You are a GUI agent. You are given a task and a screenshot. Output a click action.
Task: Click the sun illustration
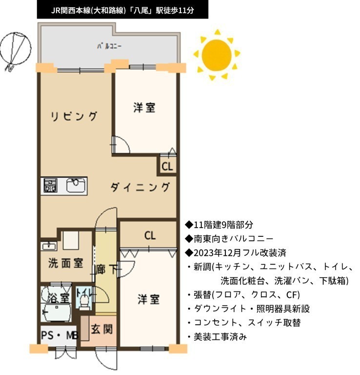tap(217, 55)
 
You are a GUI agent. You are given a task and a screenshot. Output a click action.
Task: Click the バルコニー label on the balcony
tap(109, 46)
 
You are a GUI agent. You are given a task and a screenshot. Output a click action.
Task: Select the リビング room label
tap(74, 116)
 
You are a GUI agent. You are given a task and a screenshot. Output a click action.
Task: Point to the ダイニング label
tap(140, 187)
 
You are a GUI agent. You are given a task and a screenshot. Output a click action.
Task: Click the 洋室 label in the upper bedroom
tap(144, 107)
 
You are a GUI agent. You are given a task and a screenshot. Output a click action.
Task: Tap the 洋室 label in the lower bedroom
tap(149, 299)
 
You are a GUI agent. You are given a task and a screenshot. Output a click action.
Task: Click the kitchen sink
tap(76, 186)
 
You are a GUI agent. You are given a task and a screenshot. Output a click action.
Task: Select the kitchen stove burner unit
tap(50, 186)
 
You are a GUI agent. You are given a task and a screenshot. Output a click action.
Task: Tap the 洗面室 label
tap(66, 263)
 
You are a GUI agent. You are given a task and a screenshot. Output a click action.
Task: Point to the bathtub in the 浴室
tap(56, 312)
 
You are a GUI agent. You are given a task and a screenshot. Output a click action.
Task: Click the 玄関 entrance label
tap(102, 329)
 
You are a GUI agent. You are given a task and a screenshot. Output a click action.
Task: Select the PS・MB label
tap(60, 335)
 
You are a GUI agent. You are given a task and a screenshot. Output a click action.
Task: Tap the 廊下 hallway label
tap(106, 270)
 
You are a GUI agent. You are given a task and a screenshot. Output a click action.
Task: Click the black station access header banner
tap(122, 10)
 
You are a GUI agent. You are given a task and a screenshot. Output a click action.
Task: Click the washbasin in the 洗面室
tap(49, 246)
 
